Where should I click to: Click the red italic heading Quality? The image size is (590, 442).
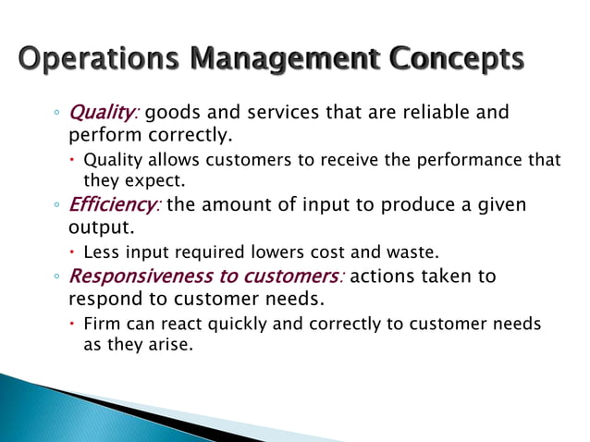103,113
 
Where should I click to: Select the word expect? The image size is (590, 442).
148,179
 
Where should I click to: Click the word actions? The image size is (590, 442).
386,276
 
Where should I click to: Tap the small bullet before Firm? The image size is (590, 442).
74,324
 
